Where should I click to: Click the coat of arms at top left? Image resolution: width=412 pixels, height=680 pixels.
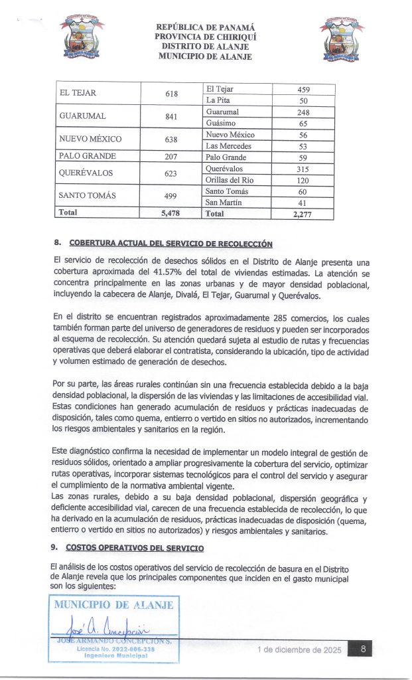(82, 39)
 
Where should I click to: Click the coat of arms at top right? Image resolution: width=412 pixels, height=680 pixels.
(342, 39)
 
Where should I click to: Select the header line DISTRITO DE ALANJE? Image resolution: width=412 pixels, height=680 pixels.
(205, 46)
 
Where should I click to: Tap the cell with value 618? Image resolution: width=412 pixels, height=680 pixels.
(171, 94)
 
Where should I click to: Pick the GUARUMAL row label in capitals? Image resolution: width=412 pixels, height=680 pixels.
(82, 116)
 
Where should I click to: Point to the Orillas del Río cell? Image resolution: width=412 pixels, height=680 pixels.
(230, 180)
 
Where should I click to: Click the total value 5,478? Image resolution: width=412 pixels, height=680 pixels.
(171, 213)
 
